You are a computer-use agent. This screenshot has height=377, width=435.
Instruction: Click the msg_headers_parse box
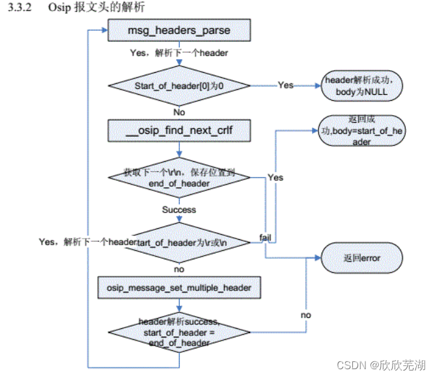click(178, 31)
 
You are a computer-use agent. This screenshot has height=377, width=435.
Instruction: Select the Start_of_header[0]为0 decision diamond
click(178, 85)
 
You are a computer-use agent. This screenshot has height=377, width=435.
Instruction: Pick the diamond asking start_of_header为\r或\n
click(178, 241)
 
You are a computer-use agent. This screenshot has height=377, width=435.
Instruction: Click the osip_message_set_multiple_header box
click(178, 285)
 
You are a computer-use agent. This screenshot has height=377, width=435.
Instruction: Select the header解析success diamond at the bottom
click(178, 331)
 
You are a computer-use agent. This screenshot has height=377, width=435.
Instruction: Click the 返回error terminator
click(361, 258)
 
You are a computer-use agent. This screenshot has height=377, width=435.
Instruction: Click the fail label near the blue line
click(266, 237)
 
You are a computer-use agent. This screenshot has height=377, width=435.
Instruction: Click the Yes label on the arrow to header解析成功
click(285, 84)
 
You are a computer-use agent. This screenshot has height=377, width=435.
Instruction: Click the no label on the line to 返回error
click(305, 315)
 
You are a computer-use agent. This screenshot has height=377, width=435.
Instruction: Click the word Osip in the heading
click(59, 8)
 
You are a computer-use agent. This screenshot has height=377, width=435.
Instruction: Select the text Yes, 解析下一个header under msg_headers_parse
click(178, 53)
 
